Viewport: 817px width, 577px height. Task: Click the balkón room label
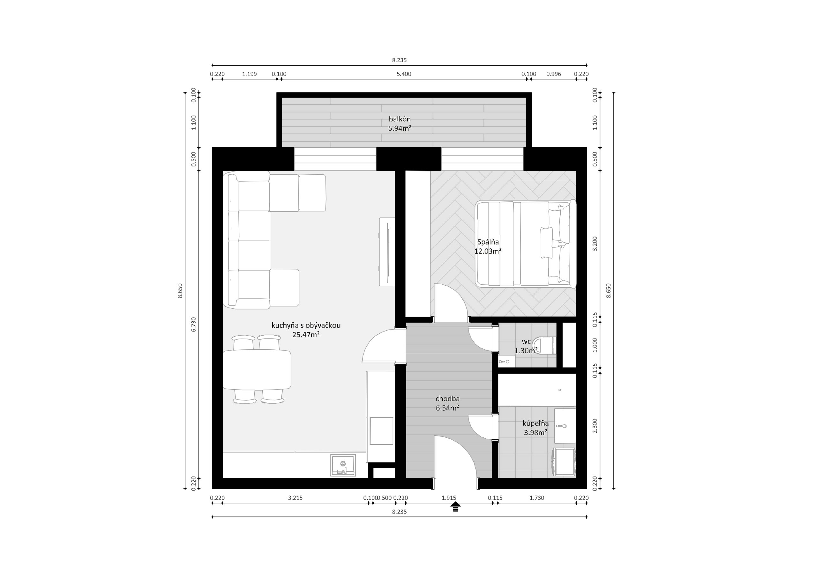click(x=399, y=119)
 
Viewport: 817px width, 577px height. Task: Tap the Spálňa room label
click(x=488, y=242)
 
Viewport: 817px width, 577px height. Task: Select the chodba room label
click(x=447, y=399)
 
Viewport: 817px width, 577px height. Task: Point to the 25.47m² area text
click(x=306, y=334)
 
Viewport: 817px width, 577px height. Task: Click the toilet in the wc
click(x=546, y=345)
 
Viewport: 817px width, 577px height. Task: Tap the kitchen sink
click(x=343, y=465)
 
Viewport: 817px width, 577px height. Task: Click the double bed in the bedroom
click(x=526, y=244)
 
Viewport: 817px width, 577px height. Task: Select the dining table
click(x=257, y=370)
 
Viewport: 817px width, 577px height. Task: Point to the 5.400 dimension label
click(x=404, y=74)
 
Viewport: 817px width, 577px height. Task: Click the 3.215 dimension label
click(x=295, y=498)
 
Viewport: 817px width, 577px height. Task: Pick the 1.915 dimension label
click(x=449, y=498)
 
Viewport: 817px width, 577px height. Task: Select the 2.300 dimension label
click(x=595, y=426)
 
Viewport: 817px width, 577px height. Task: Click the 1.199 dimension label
click(x=250, y=74)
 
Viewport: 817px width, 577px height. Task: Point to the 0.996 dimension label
click(x=554, y=74)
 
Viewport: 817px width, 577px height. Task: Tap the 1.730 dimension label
click(x=537, y=498)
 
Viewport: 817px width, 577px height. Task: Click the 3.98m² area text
click(x=536, y=433)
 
